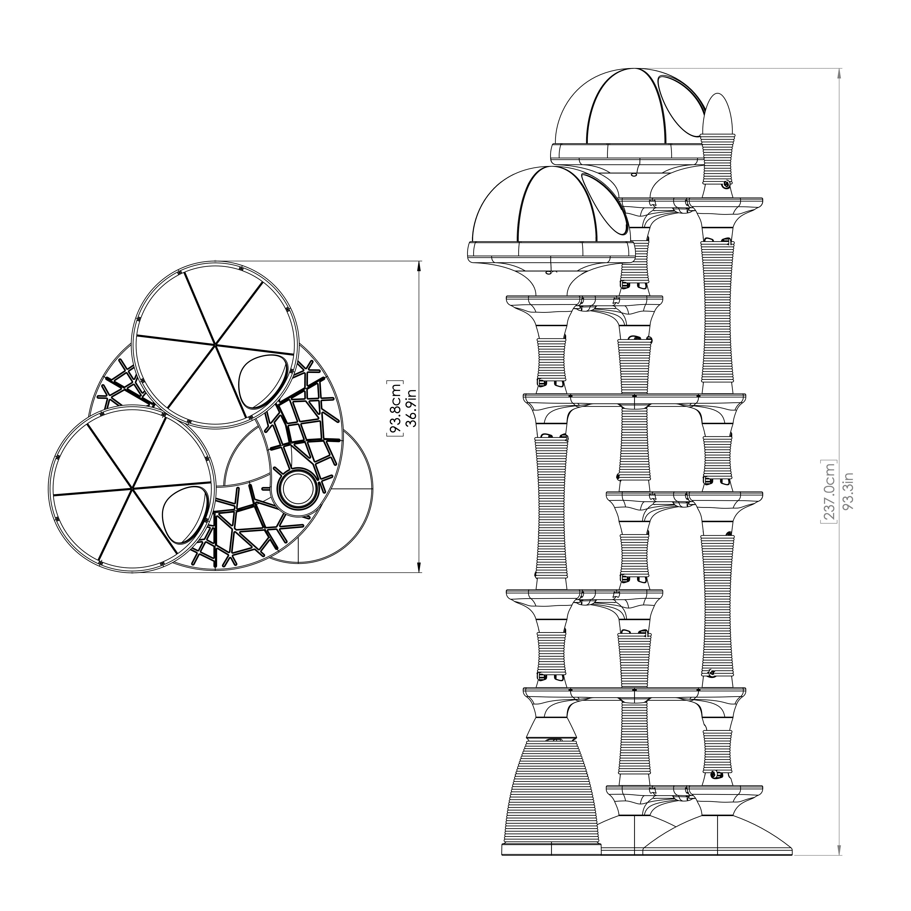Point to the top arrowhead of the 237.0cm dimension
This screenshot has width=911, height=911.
(x=839, y=74)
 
